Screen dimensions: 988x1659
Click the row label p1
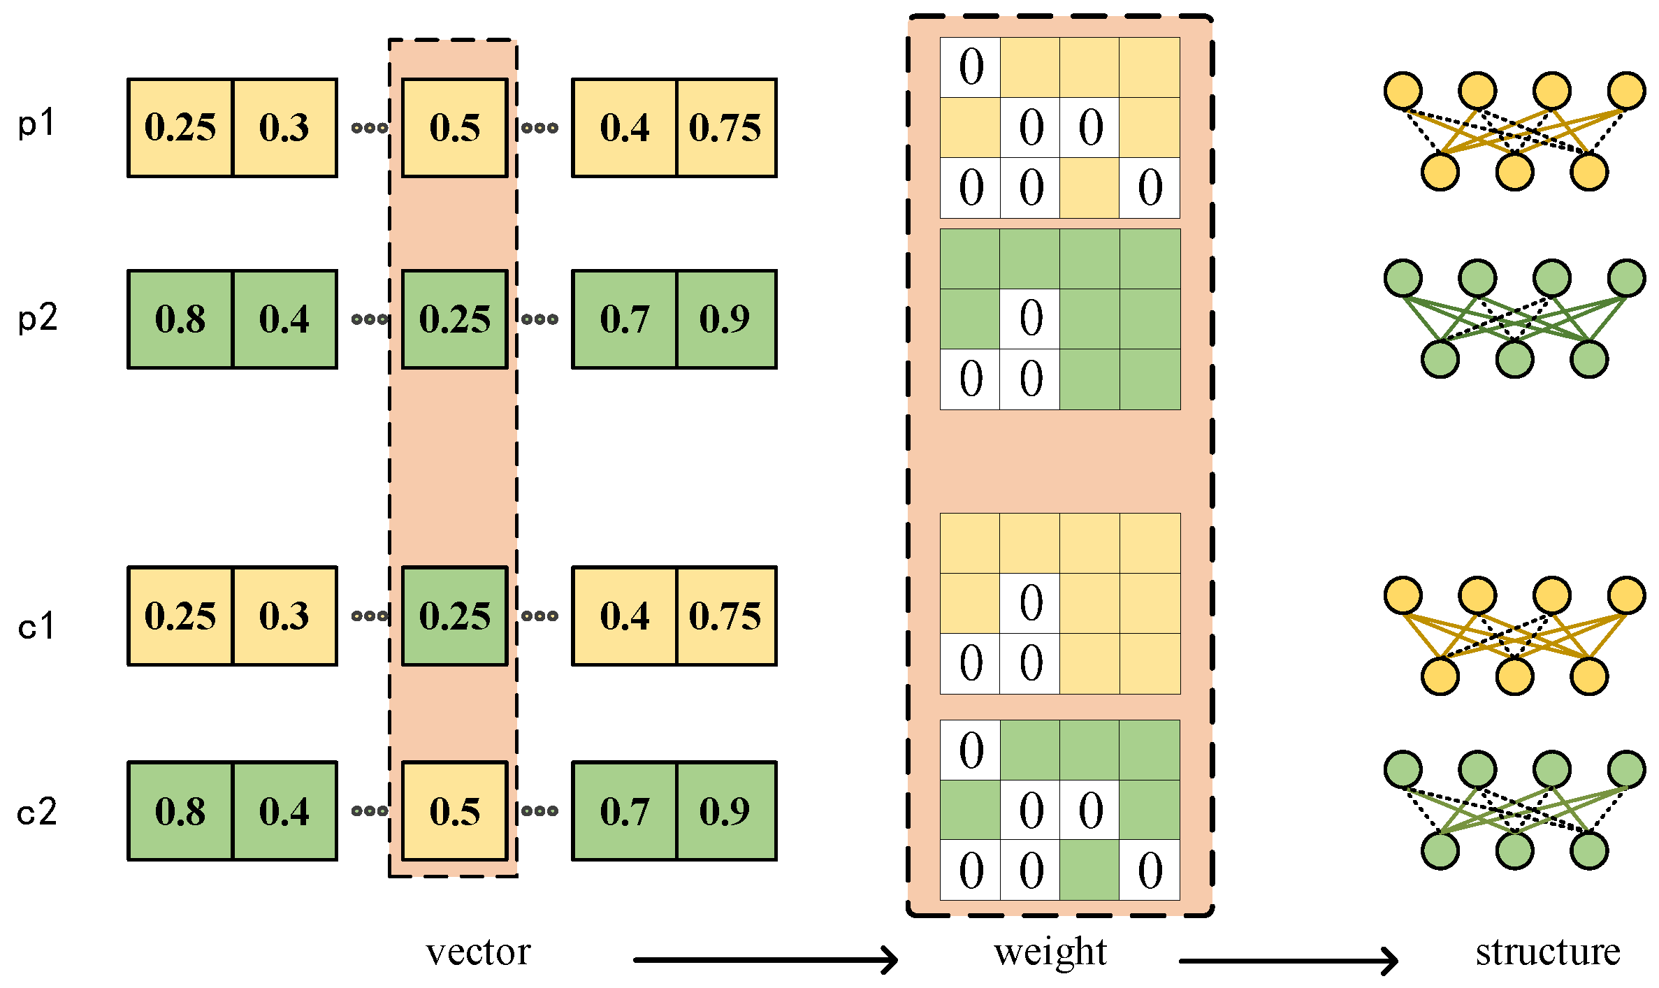pyautogui.click(x=36, y=125)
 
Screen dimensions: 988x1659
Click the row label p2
pyautogui.click(x=38, y=319)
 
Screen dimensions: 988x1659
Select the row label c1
pyautogui.click(x=36, y=626)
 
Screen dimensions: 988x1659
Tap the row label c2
pyautogui.click(x=37, y=813)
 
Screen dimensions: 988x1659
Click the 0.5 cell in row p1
pyautogui.click(x=454, y=128)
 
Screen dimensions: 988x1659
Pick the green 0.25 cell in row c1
pyautogui.click(x=454, y=616)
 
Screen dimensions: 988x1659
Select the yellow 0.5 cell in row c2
pyautogui.click(x=454, y=811)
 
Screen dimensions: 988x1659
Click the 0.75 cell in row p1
pyautogui.click(x=725, y=128)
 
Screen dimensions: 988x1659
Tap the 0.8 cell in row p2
pyautogui.click(x=180, y=319)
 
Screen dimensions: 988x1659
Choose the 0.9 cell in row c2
pyautogui.click(x=725, y=811)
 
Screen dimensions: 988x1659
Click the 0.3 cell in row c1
pyautogui.click(x=284, y=616)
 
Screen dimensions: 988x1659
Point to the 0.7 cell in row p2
pyautogui.click(x=625, y=319)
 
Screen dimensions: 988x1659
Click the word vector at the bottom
pyautogui.click(x=479, y=952)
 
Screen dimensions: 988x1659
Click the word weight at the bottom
pyautogui.click(x=1050, y=952)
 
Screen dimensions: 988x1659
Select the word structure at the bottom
pyautogui.click(x=1548, y=952)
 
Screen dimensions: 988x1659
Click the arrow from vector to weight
pyautogui.click(x=765, y=960)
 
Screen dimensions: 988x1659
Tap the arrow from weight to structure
pyautogui.click(x=1288, y=961)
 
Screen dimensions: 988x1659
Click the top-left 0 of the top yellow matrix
pyautogui.click(x=971, y=68)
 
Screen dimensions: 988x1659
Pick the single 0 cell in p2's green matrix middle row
pyautogui.click(x=1031, y=319)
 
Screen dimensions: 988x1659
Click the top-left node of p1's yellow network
pyautogui.click(x=1403, y=91)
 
